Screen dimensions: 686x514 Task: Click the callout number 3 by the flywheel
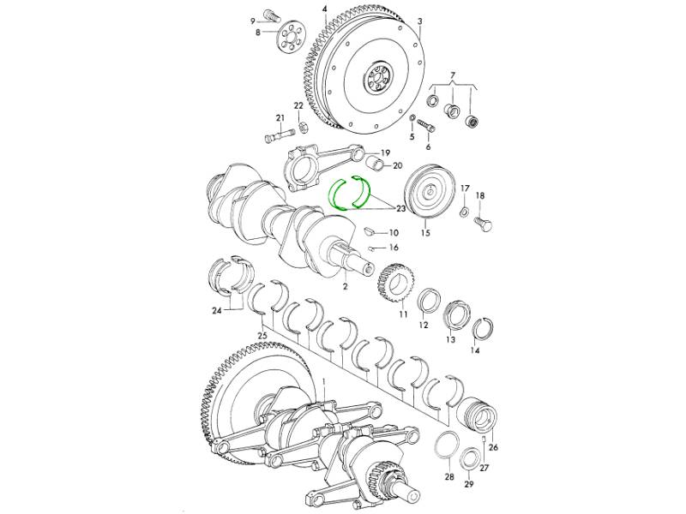point(420,21)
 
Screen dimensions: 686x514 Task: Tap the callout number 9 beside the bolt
point(252,21)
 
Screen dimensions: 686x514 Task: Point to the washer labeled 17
point(464,212)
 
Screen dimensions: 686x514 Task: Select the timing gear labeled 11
point(396,284)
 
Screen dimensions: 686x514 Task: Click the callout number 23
point(400,209)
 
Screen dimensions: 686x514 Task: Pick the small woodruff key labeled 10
point(370,230)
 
